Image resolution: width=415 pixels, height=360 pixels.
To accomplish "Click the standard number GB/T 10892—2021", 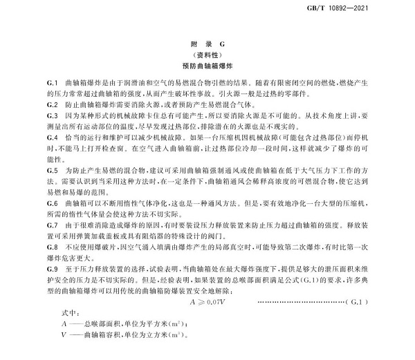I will tap(377, 8).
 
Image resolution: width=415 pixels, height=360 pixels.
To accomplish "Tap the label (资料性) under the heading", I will tap(207, 55).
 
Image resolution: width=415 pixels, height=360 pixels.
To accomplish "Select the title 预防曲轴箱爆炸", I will tap(207, 66).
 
